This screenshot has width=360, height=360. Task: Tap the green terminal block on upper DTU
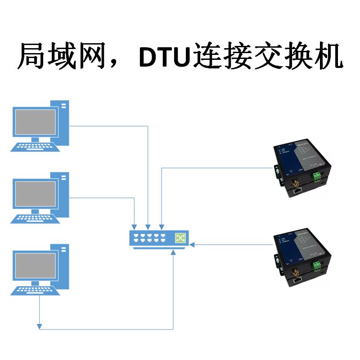click(319, 175)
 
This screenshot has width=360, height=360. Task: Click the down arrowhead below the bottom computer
click(40, 325)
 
